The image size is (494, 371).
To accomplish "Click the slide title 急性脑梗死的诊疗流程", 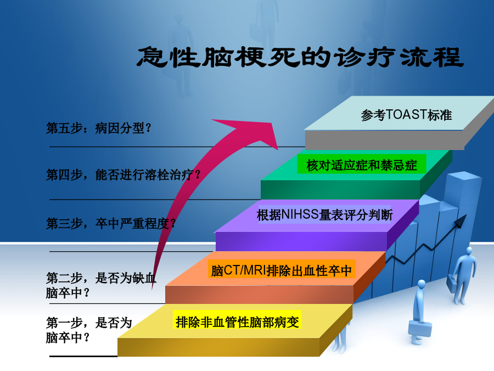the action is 300,57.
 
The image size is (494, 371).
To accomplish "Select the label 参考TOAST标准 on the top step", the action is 406,115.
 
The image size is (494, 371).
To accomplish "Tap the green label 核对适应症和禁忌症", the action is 362,165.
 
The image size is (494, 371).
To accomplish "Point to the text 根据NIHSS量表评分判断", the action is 324,215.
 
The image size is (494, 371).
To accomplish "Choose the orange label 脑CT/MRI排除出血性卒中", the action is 282,270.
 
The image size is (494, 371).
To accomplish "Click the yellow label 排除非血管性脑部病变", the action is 237,322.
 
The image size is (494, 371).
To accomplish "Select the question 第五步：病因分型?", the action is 99,128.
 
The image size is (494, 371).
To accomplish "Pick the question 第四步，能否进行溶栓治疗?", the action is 123,174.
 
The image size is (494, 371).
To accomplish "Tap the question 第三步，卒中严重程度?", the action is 110,223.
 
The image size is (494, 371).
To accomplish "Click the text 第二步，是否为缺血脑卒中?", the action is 101,285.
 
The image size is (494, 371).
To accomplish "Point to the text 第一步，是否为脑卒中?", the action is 89,330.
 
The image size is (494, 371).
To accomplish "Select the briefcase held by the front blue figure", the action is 420,329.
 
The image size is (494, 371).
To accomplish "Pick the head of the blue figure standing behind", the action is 469,251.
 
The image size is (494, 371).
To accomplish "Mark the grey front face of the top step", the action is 384,140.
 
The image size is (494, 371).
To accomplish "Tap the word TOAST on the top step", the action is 406,114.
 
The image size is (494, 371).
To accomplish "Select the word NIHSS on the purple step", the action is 300,214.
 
